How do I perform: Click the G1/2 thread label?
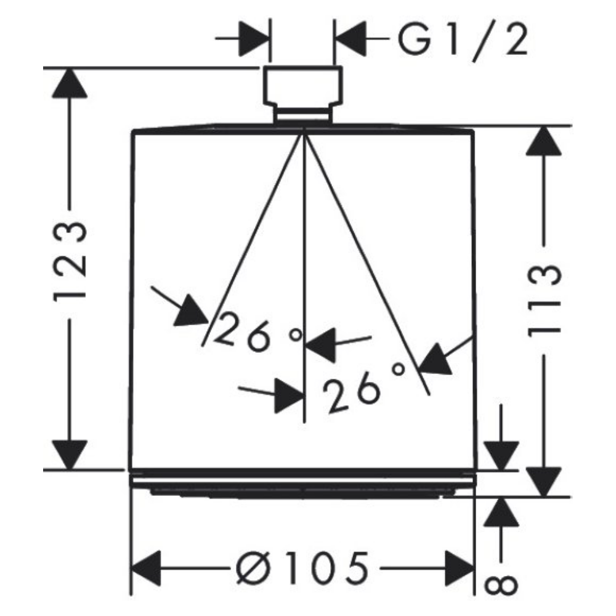463,39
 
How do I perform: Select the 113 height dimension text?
544,301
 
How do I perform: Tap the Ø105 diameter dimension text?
303,568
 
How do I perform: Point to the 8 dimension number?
500,586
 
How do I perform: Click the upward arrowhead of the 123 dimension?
70,83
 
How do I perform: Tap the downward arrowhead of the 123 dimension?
70,455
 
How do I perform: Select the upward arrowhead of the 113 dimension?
544,140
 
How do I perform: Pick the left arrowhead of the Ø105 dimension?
146,568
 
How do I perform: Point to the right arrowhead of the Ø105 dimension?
460,568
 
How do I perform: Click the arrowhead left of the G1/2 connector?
254,39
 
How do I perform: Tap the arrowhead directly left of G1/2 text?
350,39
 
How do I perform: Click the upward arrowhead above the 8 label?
501,512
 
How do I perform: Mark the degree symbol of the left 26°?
296,335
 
